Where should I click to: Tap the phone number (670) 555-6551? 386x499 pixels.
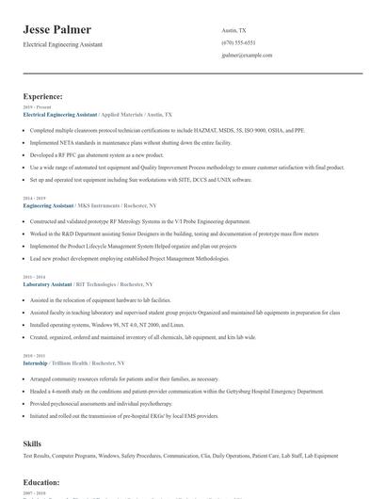[x=238, y=42]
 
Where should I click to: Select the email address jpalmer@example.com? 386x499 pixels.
[x=247, y=56]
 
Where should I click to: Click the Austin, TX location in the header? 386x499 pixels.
[x=233, y=30]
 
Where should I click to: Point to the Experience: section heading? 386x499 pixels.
[x=43, y=96]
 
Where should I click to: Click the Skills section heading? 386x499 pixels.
[x=33, y=442]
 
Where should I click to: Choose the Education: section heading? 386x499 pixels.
[x=41, y=482]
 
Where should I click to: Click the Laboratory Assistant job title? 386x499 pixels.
[x=49, y=283]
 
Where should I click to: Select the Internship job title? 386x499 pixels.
[x=37, y=362]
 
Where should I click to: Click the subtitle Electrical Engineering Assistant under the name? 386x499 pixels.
[x=63, y=45]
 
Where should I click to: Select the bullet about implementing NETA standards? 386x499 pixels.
[x=131, y=142]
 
